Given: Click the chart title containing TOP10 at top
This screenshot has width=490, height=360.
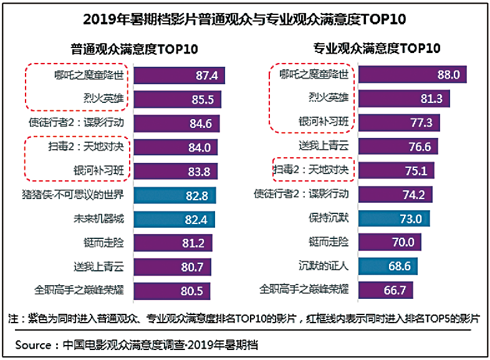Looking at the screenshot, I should point(244,19).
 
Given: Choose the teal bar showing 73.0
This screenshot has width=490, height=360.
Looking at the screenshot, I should point(394,219).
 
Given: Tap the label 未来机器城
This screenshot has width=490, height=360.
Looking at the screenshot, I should point(98,219).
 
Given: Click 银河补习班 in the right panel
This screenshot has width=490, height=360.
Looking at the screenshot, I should point(324,122).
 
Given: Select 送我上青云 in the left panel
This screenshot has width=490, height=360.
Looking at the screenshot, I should point(98,266).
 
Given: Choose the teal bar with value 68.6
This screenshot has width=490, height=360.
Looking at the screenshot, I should point(388,266).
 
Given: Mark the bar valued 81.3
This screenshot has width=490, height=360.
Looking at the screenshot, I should point(404,99).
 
